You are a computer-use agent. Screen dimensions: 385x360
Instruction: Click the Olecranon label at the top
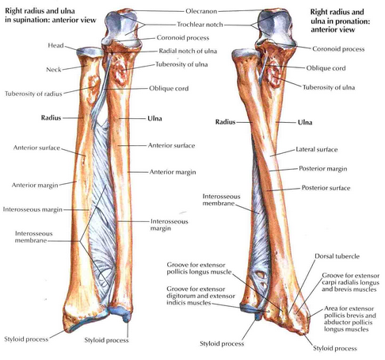201,11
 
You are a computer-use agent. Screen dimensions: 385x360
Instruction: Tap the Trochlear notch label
200,25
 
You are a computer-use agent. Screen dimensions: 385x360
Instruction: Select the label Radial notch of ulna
188,51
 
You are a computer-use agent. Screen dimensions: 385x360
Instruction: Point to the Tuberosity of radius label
33,94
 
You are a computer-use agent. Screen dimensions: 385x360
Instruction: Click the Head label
55,45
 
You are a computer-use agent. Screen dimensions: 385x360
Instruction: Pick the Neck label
54,70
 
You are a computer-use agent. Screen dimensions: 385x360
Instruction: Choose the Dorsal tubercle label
337,256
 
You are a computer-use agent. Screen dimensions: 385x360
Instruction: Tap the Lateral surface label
317,150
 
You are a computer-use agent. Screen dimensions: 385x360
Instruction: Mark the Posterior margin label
323,169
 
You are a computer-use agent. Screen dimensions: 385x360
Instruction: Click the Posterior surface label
326,188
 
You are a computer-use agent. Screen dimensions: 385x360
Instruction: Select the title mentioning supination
51,16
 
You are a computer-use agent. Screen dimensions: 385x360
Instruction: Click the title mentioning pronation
340,21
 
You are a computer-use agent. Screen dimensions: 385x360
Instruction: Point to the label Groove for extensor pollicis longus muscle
199,269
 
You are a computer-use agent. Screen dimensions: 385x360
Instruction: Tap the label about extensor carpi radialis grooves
350,282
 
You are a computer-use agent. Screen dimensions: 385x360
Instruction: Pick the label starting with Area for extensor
350,319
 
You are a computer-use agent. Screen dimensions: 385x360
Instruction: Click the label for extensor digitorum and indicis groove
200,296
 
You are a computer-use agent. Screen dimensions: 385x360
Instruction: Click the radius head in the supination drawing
90,52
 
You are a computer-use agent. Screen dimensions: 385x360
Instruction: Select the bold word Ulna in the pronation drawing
305,122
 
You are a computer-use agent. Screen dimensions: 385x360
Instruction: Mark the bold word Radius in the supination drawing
51,118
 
